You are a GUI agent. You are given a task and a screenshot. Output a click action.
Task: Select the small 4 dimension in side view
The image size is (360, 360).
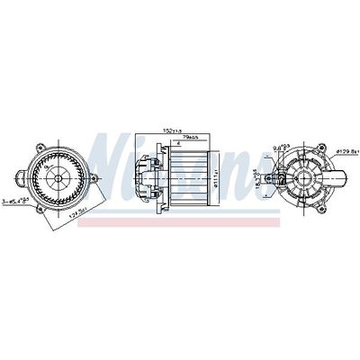click(178, 145)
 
